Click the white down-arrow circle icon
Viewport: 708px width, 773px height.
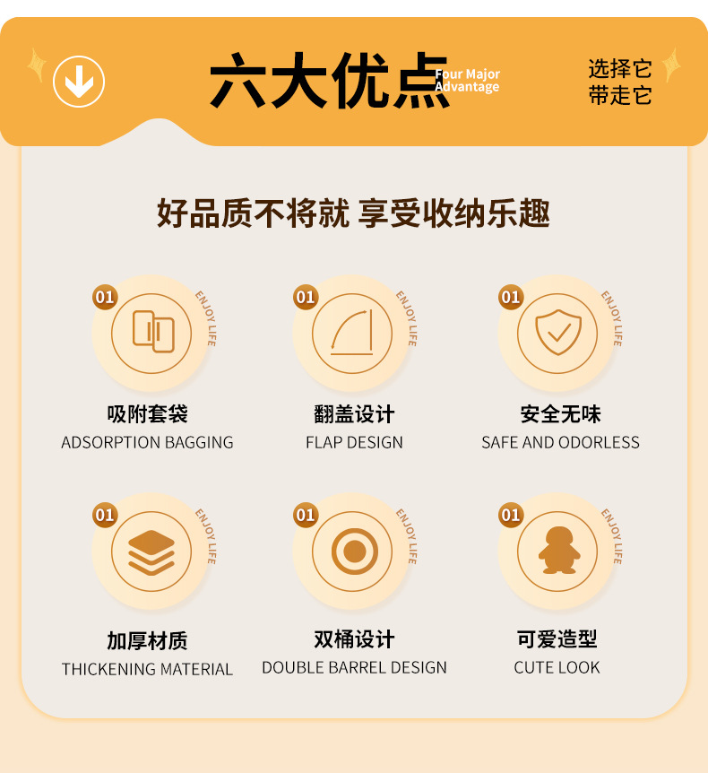click(79, 83)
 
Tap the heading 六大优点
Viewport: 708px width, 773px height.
click(329, 83)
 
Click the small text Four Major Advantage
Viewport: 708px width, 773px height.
click(468, 81)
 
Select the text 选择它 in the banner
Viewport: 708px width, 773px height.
click(620, 69)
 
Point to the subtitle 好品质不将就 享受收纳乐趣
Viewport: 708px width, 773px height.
click(353, 214)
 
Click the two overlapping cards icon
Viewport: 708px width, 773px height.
click(151, 332)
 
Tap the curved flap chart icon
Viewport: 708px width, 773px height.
click(352, 333)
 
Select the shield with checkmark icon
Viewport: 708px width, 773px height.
click(557, 332)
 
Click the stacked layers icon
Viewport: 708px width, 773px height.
click(151, 551)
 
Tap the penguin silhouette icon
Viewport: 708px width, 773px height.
click(557, 551)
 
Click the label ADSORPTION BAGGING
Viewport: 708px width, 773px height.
click(147, 443)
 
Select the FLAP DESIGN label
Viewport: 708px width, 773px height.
click(354, 443)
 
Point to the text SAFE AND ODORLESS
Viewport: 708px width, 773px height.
click(560, 443)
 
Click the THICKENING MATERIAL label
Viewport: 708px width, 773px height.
click(147, 669)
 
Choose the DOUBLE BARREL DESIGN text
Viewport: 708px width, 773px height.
click(354, 668)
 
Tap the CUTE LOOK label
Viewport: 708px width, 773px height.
click(557, 668)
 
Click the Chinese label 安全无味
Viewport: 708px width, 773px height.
click(560, 414)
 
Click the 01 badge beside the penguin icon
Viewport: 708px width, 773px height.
click(511, 515)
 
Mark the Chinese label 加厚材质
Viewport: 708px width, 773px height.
click(147, 641)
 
